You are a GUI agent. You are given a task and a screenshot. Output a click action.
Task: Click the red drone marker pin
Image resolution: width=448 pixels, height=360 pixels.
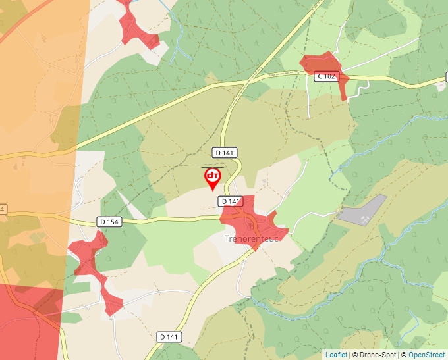point(212,177)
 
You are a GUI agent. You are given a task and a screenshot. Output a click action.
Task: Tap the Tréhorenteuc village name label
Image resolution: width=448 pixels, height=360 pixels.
point(252,238)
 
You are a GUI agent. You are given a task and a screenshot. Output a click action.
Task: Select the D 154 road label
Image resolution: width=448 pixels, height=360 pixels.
point(111,222)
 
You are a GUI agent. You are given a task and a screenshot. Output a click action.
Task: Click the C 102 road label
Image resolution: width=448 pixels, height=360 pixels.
point(325,76)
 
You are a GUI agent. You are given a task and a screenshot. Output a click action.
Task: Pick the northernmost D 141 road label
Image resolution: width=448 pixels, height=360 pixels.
point(225,153)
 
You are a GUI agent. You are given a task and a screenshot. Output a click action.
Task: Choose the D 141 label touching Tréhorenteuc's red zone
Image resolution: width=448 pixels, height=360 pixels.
point(231,201)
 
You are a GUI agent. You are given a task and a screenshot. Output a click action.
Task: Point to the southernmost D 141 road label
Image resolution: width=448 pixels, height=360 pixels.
point(169,337)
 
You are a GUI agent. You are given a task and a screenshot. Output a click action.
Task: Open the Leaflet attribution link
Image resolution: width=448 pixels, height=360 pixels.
point(336,355)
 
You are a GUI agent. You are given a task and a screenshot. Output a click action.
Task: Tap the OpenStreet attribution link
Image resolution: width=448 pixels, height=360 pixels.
point(426,355)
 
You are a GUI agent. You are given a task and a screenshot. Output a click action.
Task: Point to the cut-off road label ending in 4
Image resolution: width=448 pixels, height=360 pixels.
point(3,209)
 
